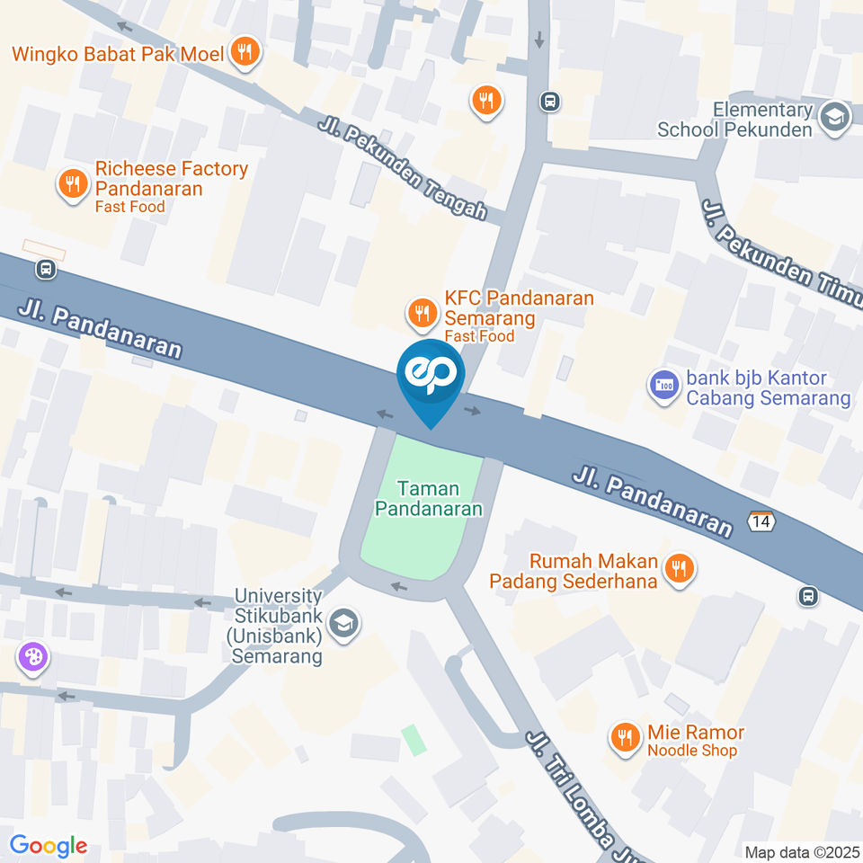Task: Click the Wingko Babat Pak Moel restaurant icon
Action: (x=244, y=53)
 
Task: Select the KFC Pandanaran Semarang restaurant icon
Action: (x=421, y=313)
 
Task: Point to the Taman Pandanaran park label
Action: (x=429, y=499)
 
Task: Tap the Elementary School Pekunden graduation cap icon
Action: (x=835, y=117)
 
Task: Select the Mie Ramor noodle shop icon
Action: (x=623, y=739)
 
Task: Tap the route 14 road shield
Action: (x=760, y=520)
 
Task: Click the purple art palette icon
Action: (x=31, y=657)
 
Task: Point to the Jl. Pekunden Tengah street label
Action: (x=402, y=168)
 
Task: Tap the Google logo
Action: (x=49, y=845)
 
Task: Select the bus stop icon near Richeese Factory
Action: (x=45, y=268)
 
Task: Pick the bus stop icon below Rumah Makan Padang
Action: (x=808, y=595)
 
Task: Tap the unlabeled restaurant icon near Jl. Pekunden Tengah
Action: (x=486, y=100)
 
